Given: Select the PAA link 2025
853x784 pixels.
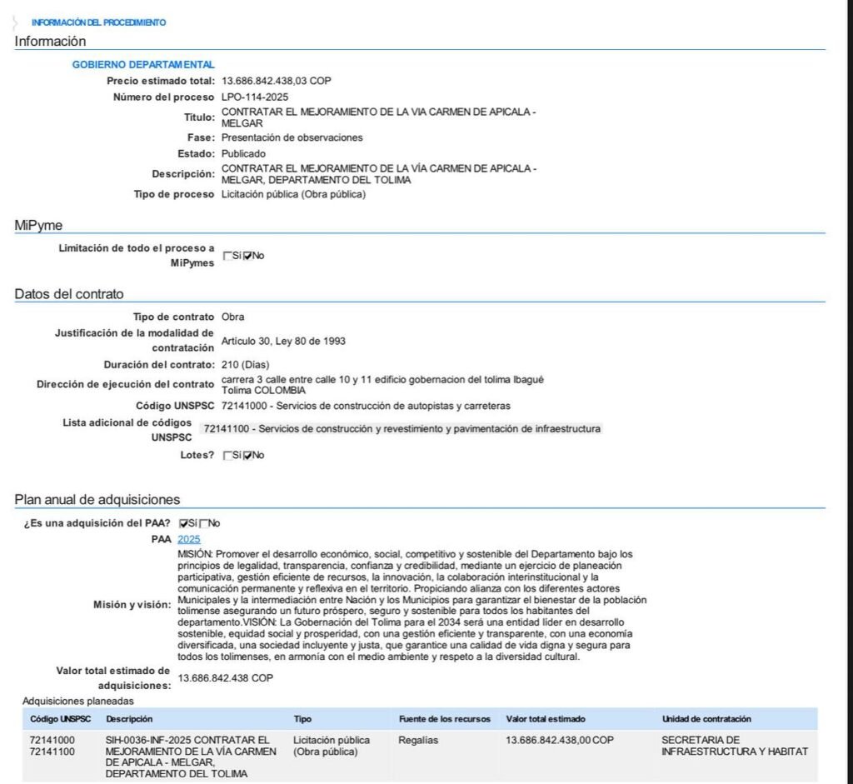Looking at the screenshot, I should [189, 539].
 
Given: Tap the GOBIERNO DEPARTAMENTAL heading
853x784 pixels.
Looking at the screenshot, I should [143, 64].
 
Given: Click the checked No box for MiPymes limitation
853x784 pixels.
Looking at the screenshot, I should [247, 256].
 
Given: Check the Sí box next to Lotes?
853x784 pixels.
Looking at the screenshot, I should [227, 456].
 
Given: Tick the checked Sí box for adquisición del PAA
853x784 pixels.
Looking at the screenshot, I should [184, 523].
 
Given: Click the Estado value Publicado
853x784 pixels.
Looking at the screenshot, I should [243, 154].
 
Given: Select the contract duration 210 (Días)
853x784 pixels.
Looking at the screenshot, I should [246, 365].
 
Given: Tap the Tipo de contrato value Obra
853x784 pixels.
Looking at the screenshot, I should [233, 317].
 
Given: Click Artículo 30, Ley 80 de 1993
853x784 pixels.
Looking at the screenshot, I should [283, 341].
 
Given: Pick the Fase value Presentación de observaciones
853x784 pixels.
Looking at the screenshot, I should [292, 137].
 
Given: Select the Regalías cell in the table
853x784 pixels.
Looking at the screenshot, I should [418, 740].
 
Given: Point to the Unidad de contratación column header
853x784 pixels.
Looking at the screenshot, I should [706, 719].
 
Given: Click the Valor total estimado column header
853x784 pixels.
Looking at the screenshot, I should [546, 719].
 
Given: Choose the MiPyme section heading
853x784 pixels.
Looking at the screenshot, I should [38, 225].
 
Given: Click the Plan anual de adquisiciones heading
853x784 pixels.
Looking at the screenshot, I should [97, 499].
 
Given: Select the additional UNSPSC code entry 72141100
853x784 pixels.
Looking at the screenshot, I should [402, 429].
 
